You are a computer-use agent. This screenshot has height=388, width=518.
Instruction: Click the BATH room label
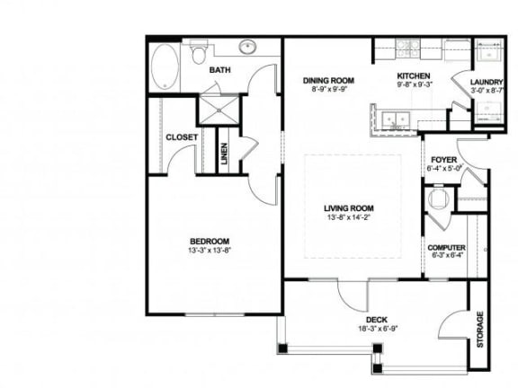(x=221, y=69)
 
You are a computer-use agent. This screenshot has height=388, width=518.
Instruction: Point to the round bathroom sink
(x=246, y=47)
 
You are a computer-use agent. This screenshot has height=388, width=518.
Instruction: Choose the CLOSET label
(x=182, y=137)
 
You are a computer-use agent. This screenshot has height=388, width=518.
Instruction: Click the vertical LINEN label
(x=225, y=154)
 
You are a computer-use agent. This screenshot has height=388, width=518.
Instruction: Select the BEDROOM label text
(x=209, y=240)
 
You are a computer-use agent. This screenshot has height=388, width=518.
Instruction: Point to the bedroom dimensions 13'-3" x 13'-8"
(x=209, y=250)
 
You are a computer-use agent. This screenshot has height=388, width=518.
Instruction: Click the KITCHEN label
(x=414, y=75)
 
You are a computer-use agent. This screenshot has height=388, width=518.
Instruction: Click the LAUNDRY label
(x=486, y=82)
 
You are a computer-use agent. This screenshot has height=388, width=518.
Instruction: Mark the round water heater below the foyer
(x=439, y=200)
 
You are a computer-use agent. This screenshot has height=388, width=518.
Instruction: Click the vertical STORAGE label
(x=479, y=330)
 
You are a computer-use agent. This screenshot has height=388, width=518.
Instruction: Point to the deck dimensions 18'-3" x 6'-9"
(x=376, y=329)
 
